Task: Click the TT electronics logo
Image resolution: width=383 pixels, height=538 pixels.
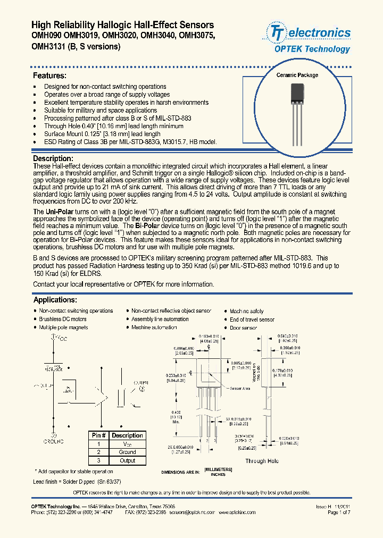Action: click(311, 33)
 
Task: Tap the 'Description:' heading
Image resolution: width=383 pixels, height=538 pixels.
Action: click(53, 158)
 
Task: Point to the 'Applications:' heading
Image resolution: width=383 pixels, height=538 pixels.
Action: click(55, 300)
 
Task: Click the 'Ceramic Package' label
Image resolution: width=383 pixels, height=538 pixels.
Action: click(297, 75)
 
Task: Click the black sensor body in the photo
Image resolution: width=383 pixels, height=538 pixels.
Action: click(297, 96)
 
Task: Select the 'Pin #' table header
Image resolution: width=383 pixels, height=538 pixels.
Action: click(98, 435)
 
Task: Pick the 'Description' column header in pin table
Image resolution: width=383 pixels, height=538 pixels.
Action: click(127, 435)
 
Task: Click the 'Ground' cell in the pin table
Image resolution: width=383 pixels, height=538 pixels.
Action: click(127, 452)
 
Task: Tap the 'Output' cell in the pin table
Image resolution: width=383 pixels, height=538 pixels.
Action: click(127, 460)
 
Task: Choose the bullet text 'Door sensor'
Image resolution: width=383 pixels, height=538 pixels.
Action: click(243, 328)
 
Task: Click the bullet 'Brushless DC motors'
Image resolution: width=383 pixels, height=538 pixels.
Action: click(62, 319)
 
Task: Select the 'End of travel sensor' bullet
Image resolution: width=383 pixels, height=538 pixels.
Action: click(252, 320)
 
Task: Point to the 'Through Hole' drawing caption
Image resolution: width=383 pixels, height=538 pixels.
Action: click(262, 461)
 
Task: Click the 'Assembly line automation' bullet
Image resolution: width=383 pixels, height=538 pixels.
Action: click(160, 319)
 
